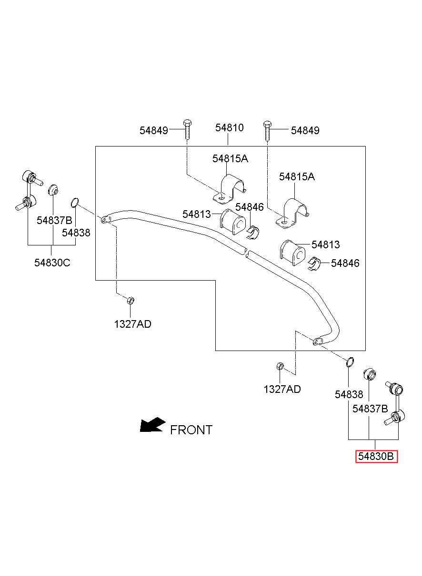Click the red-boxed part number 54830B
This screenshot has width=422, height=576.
pos(376,456)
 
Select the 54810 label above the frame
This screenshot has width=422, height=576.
pos(229,127)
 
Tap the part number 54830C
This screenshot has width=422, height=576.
pos(52,263)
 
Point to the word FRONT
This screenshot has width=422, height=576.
pos(191,430)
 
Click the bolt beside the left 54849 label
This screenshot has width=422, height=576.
pos(187,129)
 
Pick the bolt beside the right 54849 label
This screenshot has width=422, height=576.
pos(267,131)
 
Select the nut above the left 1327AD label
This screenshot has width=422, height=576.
pos(131,300)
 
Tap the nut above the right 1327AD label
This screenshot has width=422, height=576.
pos(281,366)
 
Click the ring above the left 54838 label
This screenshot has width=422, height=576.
pos(75,202)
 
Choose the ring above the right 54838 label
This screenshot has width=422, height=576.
pos(350,362)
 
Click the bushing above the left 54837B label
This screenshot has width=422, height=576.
pos(53,190)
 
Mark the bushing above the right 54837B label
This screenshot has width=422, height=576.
pos(370,374)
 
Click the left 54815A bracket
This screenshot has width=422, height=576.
pos(230,189)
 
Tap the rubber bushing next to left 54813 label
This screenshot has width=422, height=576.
pos(233,222)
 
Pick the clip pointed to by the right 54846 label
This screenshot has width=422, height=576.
pos(313,264)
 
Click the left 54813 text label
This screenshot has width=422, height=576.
pos(196,214)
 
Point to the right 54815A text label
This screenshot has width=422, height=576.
pos(297,176)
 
